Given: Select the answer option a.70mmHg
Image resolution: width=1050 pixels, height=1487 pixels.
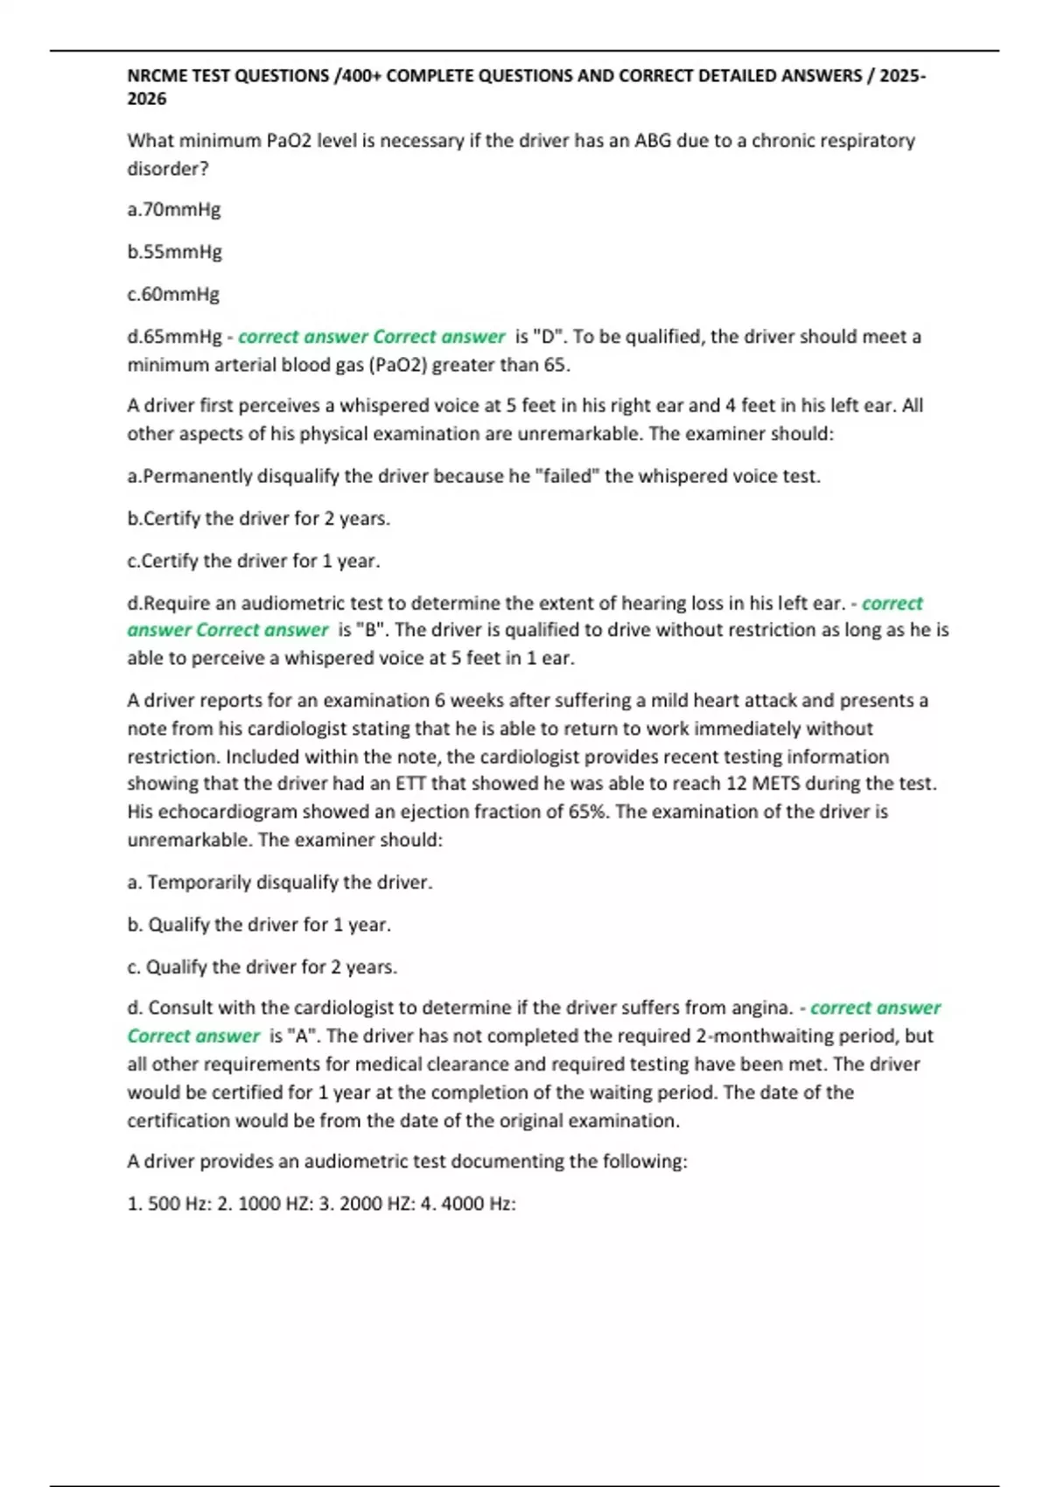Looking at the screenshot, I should point(174,210).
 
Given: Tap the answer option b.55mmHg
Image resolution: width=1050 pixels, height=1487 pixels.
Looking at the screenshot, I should point(175,252).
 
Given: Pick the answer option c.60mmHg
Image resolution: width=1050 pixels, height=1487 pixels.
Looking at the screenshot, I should point(173,294).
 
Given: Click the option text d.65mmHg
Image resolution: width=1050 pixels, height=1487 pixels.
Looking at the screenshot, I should point(175,337).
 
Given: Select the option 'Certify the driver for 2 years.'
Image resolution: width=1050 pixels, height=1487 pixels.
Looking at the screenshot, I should point(259,519).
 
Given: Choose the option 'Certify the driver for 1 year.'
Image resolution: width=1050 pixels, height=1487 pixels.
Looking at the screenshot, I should point(254,561).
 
